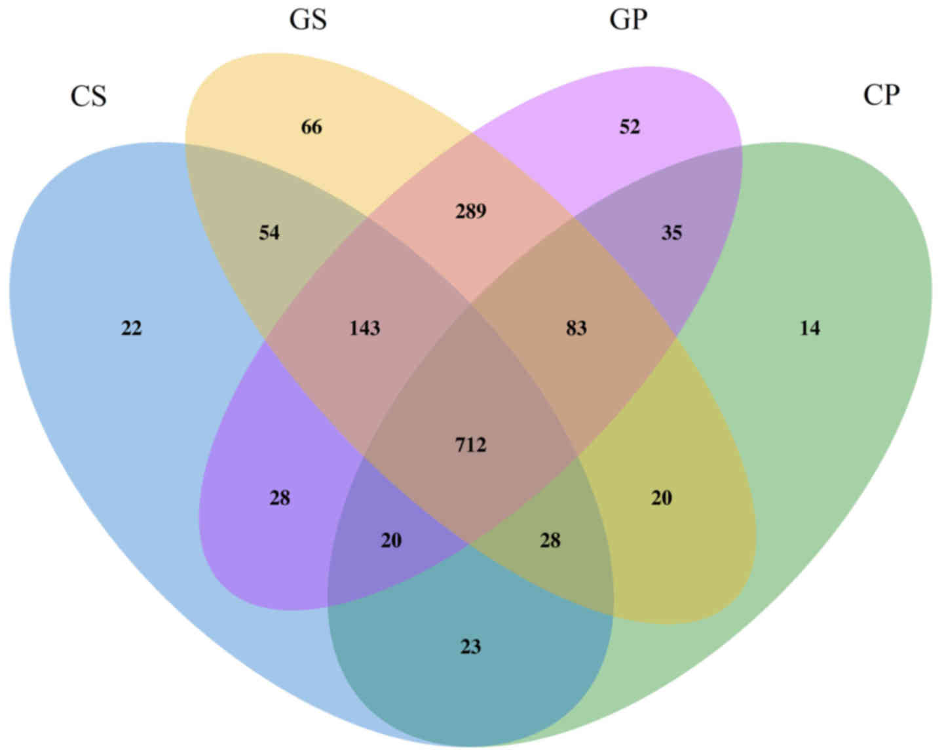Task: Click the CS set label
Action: [88, 97]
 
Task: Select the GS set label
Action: [308, 20]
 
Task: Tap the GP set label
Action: [628, 20]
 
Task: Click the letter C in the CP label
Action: [872, 96]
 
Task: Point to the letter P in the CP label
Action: [891, 96]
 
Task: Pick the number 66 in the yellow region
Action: [311, 126]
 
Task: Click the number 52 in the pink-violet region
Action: [630, 126]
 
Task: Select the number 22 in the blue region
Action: [131, 328]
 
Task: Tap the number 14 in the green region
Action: [810, 328]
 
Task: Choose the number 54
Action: [269, 233]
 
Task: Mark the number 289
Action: [470, 211]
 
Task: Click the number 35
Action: [671, 233]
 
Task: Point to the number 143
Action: [364, 328]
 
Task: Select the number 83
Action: [576, 328]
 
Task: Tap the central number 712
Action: [470, 446]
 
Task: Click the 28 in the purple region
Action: [280, 498]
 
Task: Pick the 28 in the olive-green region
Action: [550, 541]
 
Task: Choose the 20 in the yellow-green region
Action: [661, 498]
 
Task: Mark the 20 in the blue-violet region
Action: [391, 541]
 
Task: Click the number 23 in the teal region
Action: [470, 647]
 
